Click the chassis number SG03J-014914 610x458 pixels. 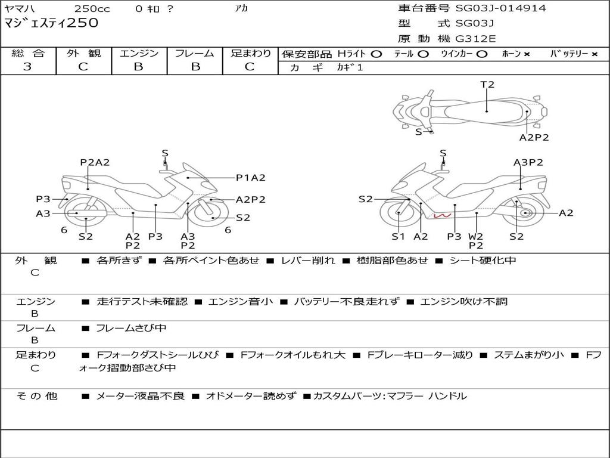point(500,8)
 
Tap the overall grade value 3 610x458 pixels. point(27,67)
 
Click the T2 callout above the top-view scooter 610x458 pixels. point(487,85)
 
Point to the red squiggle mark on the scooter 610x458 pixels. point(443,215)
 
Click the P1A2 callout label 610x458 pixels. point(251,178)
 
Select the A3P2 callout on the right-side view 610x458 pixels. point(528,162)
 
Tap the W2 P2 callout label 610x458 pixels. point(476,241)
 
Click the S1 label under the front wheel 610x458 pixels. point(398,236)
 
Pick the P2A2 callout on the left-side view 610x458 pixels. point(95,162)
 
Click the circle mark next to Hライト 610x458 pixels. point(376,54)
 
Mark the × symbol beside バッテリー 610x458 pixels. point(595,54)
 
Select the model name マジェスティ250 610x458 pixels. point(51,23)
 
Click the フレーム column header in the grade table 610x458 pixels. point(195,53)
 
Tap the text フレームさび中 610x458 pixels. point(131,328)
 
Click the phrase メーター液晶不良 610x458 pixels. point(140,396)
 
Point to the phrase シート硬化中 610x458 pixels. point(483,260)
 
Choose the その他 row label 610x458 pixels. point(36,396)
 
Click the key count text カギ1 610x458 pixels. point(350,67)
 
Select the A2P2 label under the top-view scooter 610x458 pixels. point(534,137)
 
